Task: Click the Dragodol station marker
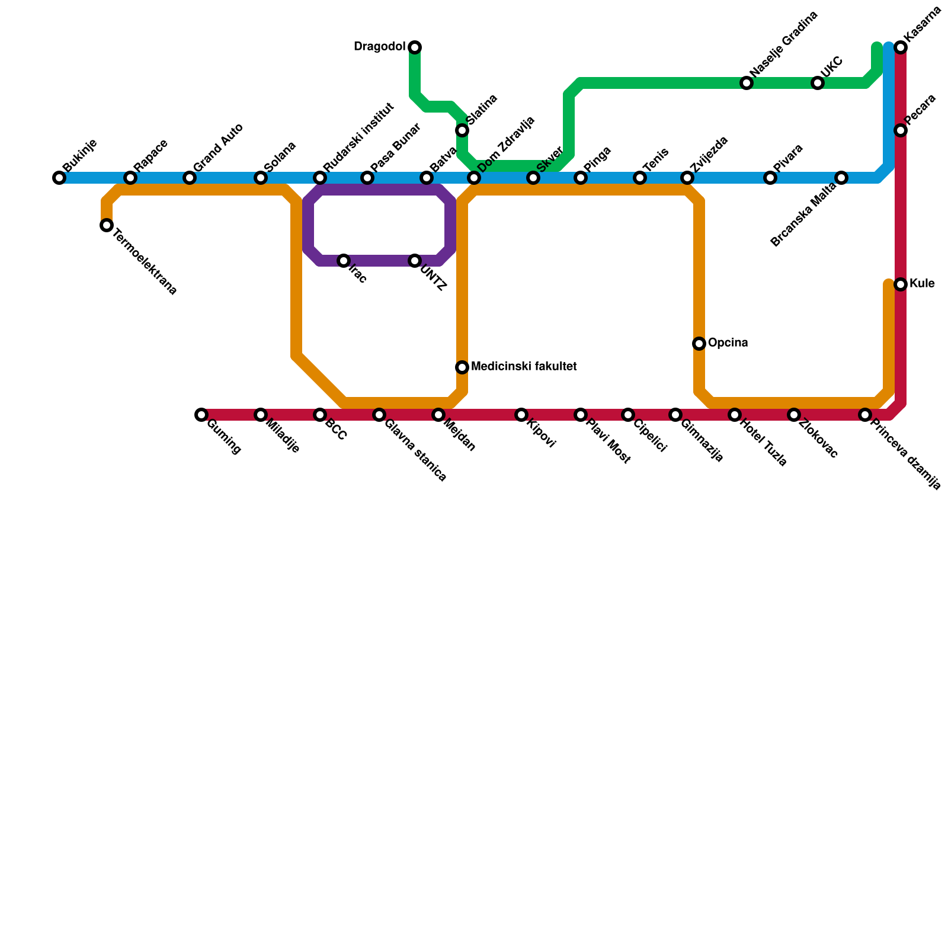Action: pyautogui.click(x=415, y=47)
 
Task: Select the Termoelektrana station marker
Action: pyautogui.click(x=107, y=225)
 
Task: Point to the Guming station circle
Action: pyautogui.click(x=201, y=415)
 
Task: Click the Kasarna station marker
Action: pyautogui.click(x=901, y=47)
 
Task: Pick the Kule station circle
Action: pyautogui.click(x=901, y=284)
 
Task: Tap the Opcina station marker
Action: pyautogui.click(x=699, y=344)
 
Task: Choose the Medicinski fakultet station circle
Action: pyautogui.click(x=462, y=367)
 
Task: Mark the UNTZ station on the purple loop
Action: pyautogui.click(x=415, y=261)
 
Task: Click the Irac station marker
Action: pyautogui.click(x=344, y=261)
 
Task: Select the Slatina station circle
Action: pyautogui.click(x=462, y=130)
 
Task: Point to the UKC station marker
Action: pyautogui.click(x=818, y=83)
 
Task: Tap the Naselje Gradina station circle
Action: pyautogui.click(x=747, y=83)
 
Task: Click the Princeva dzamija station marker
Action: pyautogui.click(x=865, y=415)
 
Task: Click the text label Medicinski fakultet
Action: pyautogui.click(x=524, y=367)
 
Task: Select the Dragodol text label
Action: pyautogui.click(x=379, y=47)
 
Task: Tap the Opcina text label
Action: pyautogui.click(x=728, y=343)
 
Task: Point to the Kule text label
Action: pyautogui.click(x=922, y=284)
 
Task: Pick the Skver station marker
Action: pyautogui.click(x=533, y=178)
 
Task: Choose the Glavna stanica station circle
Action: pyautogui.click(x=379, y=415)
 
